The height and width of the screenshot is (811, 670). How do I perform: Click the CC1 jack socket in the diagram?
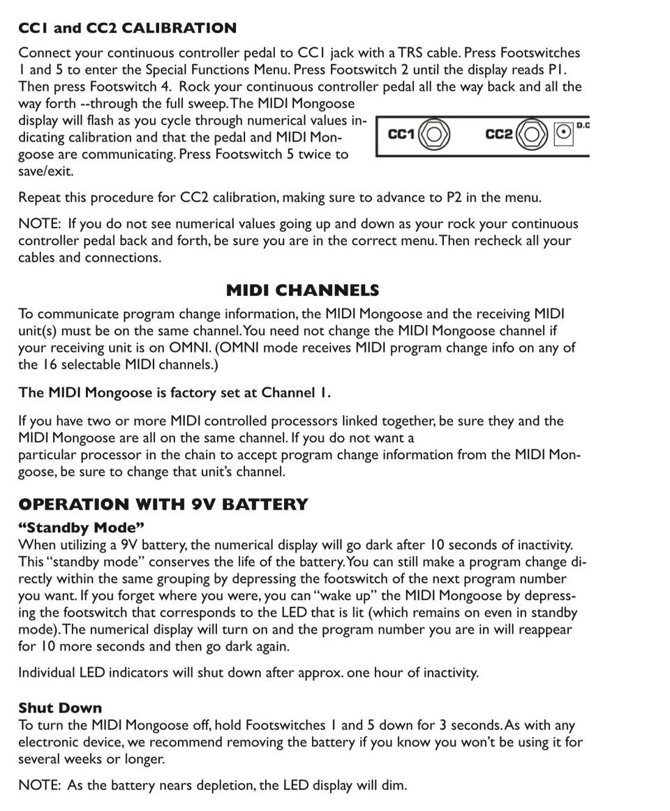point(433,134)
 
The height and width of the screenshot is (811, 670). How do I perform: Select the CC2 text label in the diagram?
point(498,134)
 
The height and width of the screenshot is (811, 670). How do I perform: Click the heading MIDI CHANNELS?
point(302,290)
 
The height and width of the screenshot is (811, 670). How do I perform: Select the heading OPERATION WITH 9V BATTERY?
point(163,504)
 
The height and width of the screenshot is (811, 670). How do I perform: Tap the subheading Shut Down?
point(60,708)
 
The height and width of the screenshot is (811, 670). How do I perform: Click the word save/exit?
point(46,171)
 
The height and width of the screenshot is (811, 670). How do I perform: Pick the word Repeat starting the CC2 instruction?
point(40,198)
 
